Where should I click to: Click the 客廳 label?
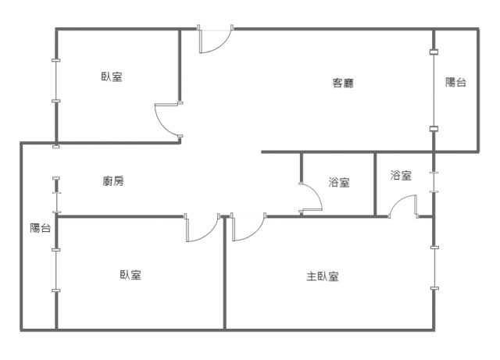(343, 84)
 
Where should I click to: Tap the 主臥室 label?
(323, 276)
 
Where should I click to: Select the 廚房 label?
(113, 181)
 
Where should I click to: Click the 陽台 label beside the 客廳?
(455, 82)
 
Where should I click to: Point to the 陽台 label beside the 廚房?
(41, 228)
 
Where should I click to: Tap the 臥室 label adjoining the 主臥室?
(130, 275)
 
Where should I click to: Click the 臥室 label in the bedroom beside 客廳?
(112, 77)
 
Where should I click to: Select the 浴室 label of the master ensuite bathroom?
(401, 175)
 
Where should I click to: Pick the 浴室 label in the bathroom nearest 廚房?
(339, 182)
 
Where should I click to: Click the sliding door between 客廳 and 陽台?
(434, 91)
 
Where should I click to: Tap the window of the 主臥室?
(434, 268)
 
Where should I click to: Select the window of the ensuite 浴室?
(434, 182)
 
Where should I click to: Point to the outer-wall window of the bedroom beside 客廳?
(56, 80)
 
